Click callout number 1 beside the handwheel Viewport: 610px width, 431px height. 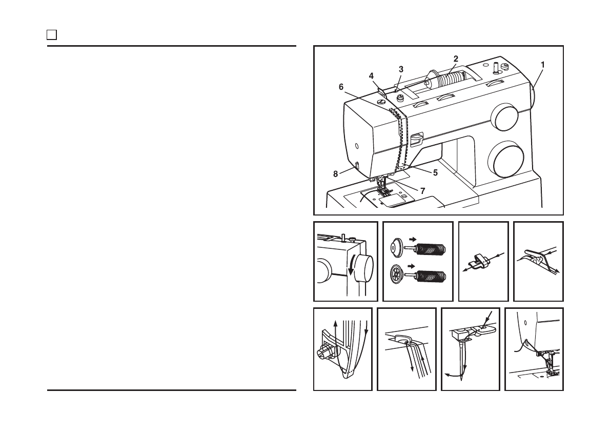[542, 65]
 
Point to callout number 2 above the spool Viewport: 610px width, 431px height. [455, 58]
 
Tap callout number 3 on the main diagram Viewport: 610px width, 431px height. [401, 69]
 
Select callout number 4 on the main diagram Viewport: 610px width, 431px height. [371, 75]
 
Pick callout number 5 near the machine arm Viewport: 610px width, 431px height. [435, 172]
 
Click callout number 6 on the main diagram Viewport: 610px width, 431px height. [341, 87]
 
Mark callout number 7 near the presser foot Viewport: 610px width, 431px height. [422, 190]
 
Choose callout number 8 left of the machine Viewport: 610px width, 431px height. [336, 174]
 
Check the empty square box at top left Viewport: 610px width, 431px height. [51, 35]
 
